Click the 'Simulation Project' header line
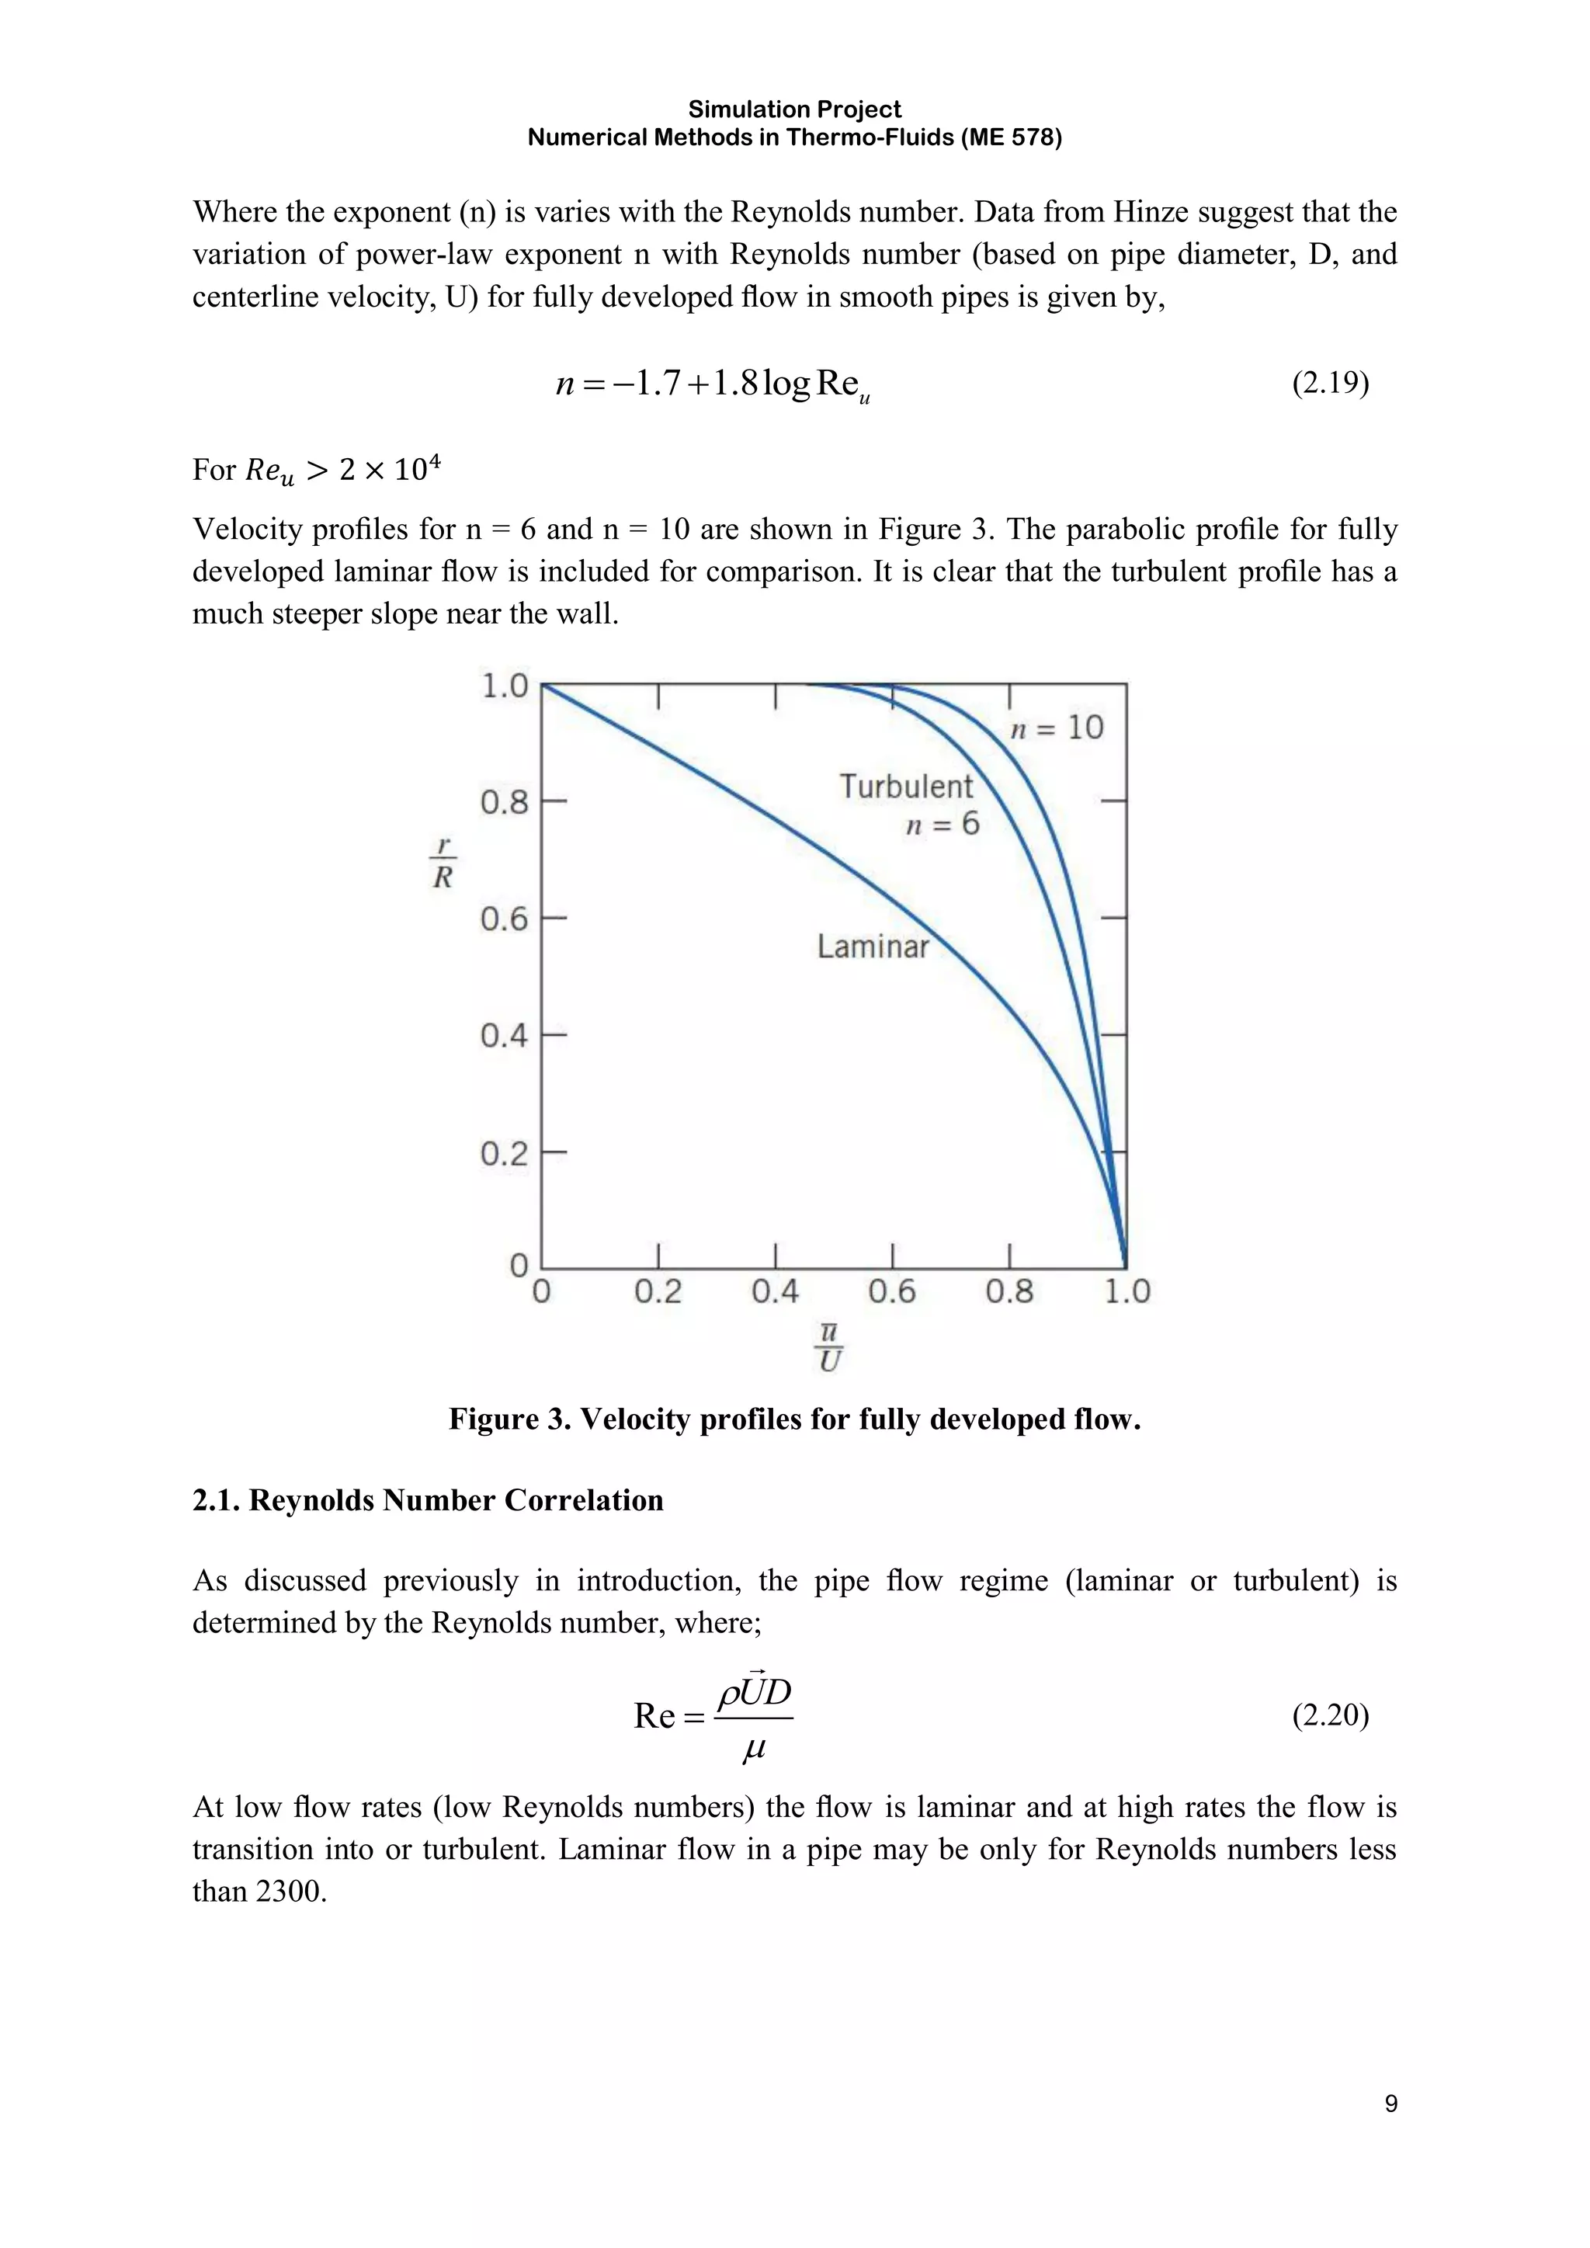coord(794,109)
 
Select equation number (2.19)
coord(1330,383)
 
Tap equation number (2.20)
coord(1330,1715)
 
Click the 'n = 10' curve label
coord(1057,728)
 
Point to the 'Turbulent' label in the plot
coord(906,786)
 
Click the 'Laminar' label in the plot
coord(873,947)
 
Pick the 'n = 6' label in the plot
coord(942,825)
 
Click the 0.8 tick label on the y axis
coord(503,803)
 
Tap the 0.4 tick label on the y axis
coord(503,1036)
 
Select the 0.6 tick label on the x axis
coord(892,1292)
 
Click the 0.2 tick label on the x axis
coord(658,1292)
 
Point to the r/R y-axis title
coord(443,863)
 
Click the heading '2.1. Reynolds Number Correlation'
coord(428,1500)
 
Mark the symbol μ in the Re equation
coord(753,1749)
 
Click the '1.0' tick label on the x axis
coord(1127,1292)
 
